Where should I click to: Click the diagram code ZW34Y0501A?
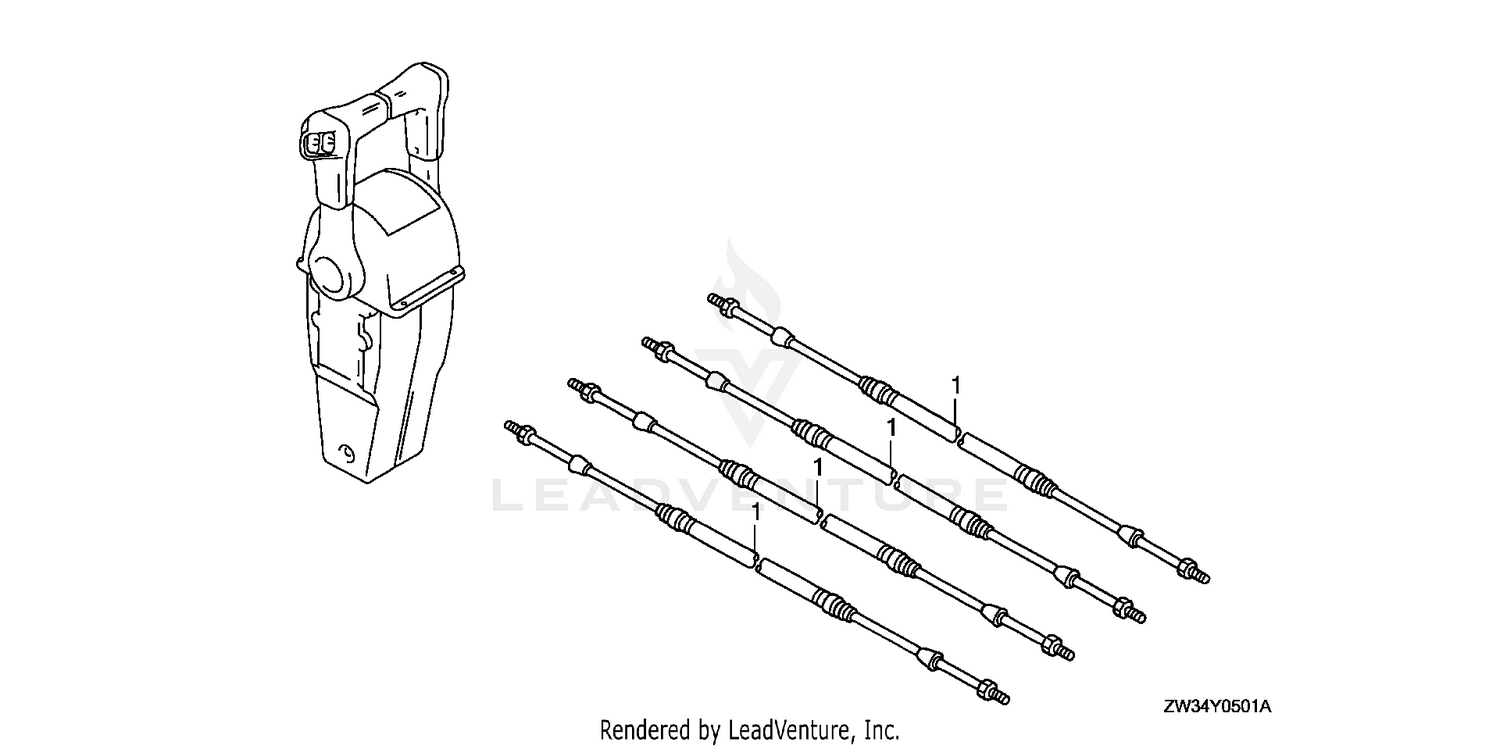(1217, 706)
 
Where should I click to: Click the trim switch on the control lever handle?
(321, 142)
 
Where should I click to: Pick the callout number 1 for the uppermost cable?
(956, 385)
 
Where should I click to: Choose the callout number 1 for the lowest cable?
(756, 513)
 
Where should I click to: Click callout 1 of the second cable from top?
(891, 427)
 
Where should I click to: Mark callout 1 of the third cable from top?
(817, 467)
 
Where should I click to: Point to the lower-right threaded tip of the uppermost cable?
(1203, 577)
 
